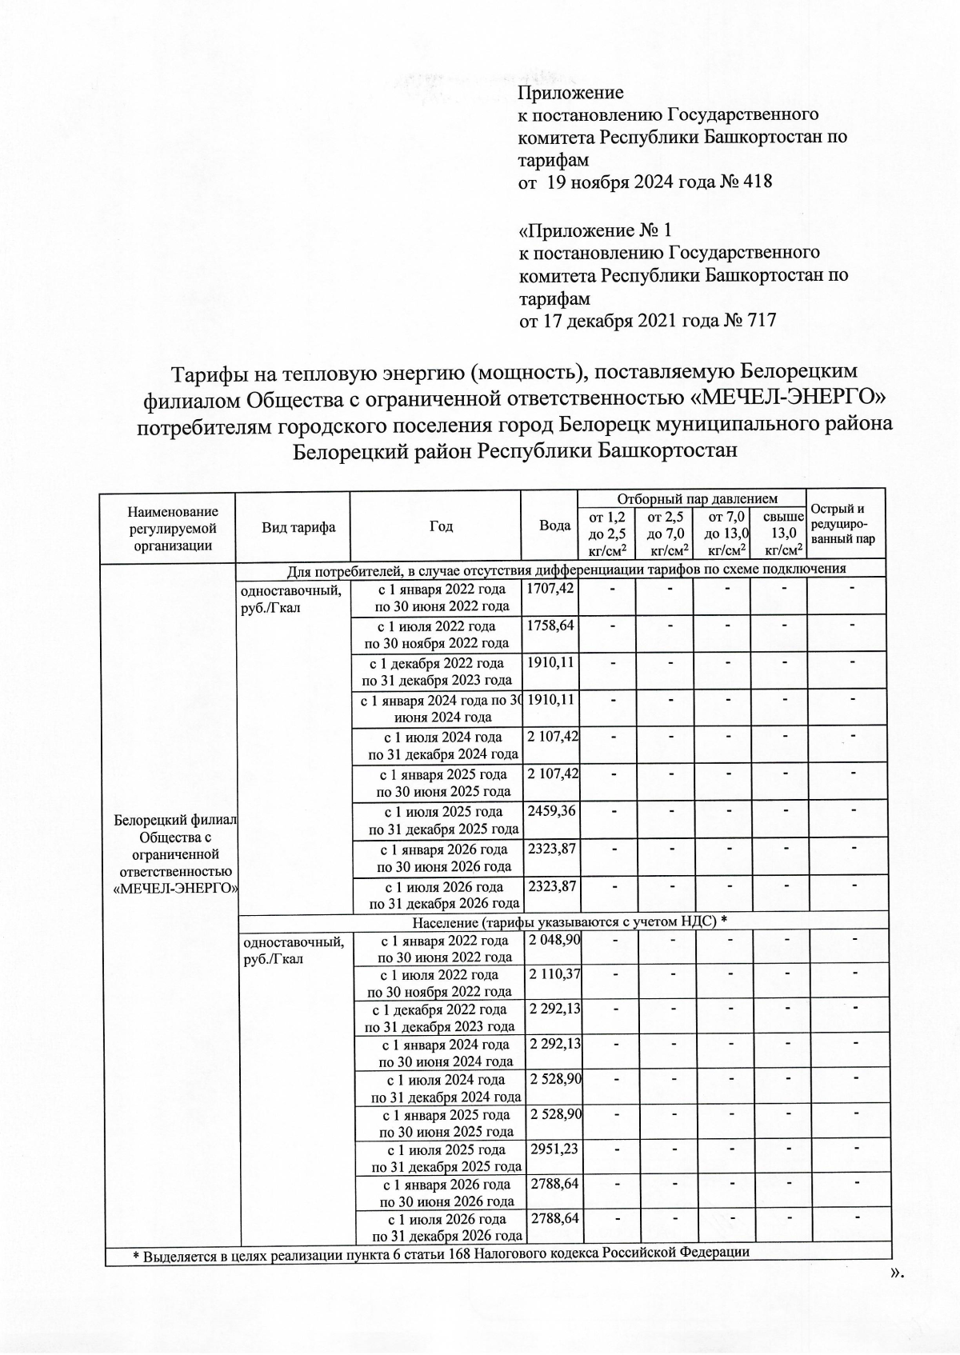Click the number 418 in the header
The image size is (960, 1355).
tap(756, 182)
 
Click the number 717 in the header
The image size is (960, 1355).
tap(760, 322)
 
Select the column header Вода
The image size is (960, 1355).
tap(554, 526)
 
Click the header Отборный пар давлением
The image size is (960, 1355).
tap(690, 498)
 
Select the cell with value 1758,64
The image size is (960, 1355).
tap(550, 625)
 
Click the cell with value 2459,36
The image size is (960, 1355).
tap(551, 810)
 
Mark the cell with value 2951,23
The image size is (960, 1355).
tap(553, 1149)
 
